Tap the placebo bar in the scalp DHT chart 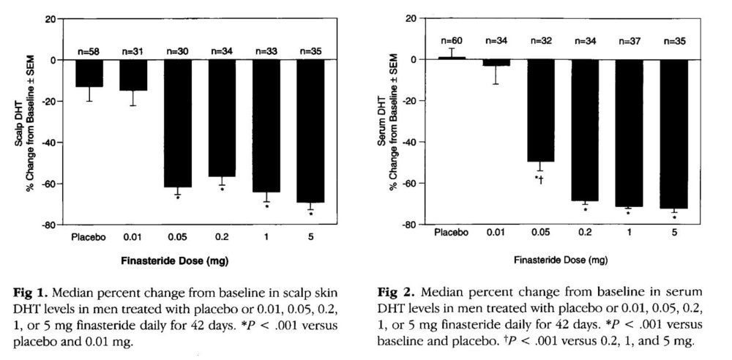pyautogui.click(x=89, y=73)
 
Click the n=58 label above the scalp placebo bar pyautogui.click(x=89, y=51)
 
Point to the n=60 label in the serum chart pyautogui.click(x=452, y=40)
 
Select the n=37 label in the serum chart pyautogui.click(x=629, y=40)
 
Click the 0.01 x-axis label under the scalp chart pyautogui.click(x=133, y=237)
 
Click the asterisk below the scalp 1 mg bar pyautogui.click(x=266, y=207)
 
